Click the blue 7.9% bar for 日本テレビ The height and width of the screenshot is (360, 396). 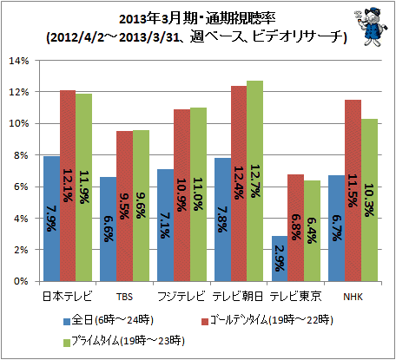[x=51, y=219]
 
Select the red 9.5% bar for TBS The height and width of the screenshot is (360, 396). [x=125, y=206]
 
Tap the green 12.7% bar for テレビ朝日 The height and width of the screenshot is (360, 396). [x=254, y=181]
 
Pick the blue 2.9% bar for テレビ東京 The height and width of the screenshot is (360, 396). [x=280, y=259]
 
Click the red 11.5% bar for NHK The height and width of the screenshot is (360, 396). [x=353, y=191]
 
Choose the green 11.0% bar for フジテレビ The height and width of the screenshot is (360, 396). [x=198, y=194]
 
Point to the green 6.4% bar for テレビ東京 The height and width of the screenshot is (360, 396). [x=312, y=231]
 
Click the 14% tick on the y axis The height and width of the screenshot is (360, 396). [x=19, y=61]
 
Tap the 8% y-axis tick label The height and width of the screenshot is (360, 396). [x=21, y=155]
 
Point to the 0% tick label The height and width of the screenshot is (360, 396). [x=21, y=281]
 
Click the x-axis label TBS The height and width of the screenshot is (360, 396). [x=124, y=297]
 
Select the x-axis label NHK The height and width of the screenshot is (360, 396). [x=353, y=297]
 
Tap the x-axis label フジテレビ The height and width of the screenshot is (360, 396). [x=181, y=297]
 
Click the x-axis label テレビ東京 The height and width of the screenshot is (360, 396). [x=295, y=297]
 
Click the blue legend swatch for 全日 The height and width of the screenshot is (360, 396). [x=67, y=322]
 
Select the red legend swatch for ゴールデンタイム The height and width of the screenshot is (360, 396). [x=205, y=322]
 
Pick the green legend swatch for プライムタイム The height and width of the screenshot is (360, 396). [x=67, y=343]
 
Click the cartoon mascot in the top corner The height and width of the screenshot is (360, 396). [x=371, y=27]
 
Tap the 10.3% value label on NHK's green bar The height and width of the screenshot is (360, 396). [x=369, y=200]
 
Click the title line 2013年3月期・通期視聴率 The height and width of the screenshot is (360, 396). [x=197, y=19]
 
